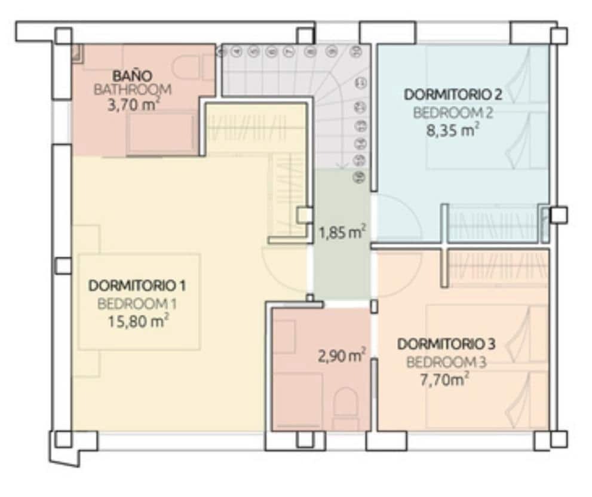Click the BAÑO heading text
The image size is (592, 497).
click(x=133, y=76)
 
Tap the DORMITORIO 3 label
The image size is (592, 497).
click(x=446, y=345)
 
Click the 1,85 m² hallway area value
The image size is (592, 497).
click(x=342, y=232)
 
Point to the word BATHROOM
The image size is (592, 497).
click(x=133, y=90)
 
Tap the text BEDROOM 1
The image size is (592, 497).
click(x=137, y=303)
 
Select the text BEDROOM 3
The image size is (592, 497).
click(x=446, y=362)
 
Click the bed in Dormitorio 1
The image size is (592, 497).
click(x=139, y=302)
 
